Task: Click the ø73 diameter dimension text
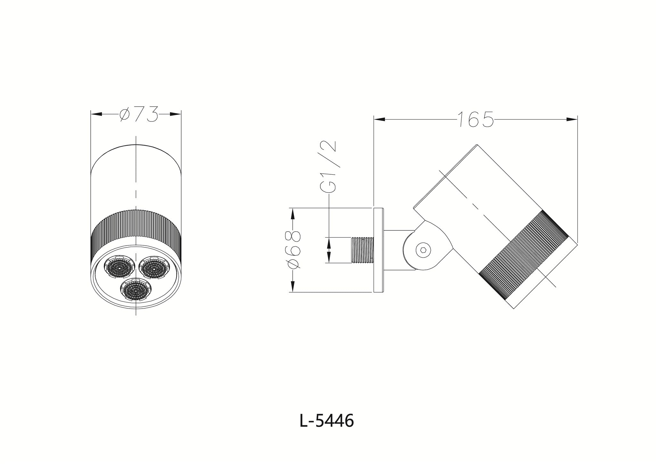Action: coord(139,114)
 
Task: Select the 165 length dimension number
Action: coord(475,119)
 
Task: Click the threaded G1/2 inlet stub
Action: coord(363,250)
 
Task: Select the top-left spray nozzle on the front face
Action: coord(119,267)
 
